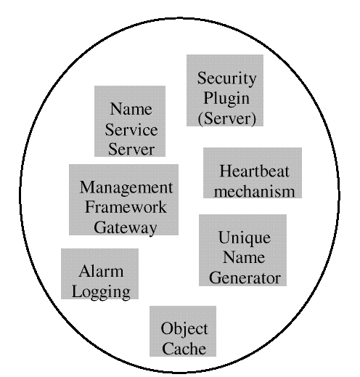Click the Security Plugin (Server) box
225,90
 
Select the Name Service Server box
130,121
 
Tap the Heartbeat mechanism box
253,173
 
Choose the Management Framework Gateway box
123,200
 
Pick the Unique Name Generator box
242,250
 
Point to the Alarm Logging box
99,274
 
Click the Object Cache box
183,331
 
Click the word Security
226,78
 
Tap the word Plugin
226,99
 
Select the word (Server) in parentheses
227,118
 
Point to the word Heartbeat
254,171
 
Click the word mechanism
255,192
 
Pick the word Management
126,187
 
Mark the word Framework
126,207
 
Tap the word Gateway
126,228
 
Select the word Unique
245,238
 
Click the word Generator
245,278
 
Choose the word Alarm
101,271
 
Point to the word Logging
101,292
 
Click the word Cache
184,349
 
